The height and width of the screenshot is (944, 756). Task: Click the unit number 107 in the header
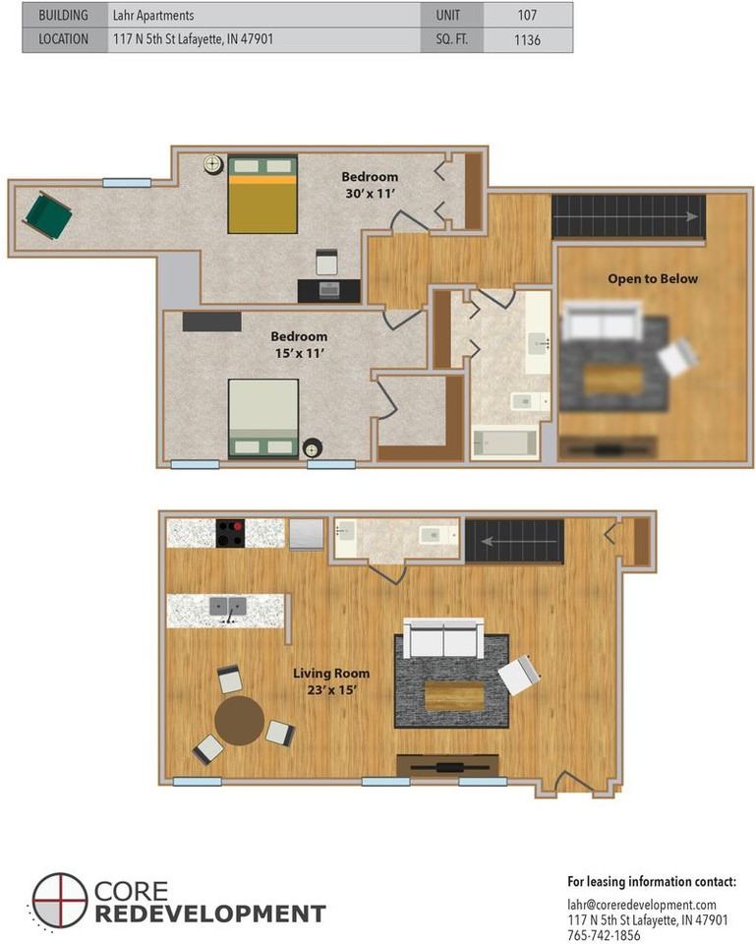[527, 15]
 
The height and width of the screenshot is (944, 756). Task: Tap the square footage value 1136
[527, 39]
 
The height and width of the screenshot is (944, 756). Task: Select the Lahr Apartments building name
[153, 15]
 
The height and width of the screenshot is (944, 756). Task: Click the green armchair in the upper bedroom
[47, 215]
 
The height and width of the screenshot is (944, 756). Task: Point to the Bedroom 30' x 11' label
[370, 185]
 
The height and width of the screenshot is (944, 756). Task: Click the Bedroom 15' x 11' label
[299, 344]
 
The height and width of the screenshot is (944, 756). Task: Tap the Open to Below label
[653, 278]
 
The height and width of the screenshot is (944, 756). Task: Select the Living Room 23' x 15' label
[331, 681]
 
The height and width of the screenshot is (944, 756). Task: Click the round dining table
[239, 721]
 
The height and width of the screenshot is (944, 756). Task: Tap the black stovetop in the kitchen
[230, 533]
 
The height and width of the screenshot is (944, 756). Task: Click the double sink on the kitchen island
[228, 607]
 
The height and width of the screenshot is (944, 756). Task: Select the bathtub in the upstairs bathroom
[504, 443]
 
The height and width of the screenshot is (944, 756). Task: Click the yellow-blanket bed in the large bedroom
[262, 194]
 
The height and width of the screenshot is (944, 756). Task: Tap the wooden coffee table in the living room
[454, 696]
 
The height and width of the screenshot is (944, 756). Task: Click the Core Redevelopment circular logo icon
[60, 902]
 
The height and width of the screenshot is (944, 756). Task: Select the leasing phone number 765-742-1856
[604, 935]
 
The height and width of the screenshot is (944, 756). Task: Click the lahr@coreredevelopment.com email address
[642, 905]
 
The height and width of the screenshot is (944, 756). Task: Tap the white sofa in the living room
[443, 638]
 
